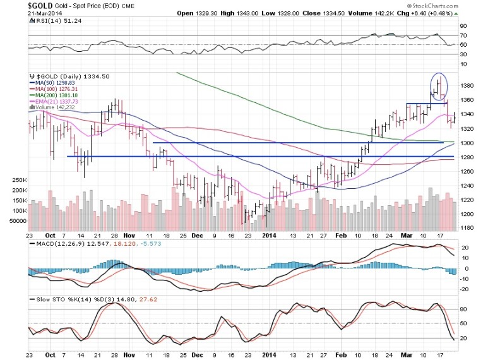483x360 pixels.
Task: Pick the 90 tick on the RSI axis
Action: pos(463,26)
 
